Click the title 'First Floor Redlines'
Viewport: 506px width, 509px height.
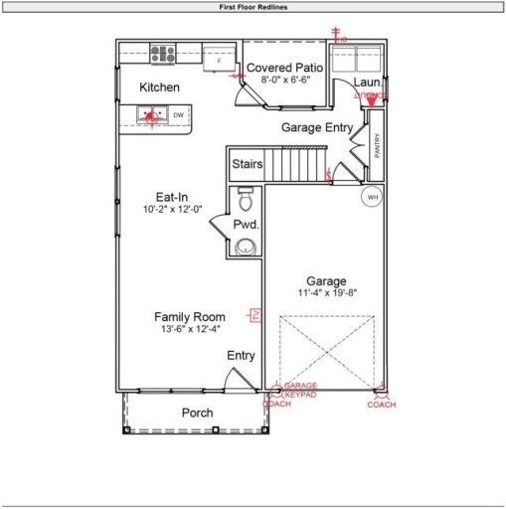(x=253, y=6)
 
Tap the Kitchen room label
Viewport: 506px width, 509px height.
(x=159, y=87)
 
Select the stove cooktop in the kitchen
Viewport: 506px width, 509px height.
(x=163, y=54)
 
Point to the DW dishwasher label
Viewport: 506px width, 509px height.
(x=178, y=116)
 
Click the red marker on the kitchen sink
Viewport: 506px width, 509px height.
(x=151, y=115)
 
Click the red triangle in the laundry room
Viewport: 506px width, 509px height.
(x=371, y=98)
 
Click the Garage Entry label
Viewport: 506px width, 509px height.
(x=316, y=127)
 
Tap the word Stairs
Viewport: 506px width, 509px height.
(x=247, y=163)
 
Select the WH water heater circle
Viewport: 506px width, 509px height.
(x=373, y=196)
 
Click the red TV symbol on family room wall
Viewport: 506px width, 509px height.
(x=254, y=315)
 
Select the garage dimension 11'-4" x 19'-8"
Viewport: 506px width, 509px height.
(x=325, y=293)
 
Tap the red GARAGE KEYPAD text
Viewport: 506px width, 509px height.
(x=300, y=390)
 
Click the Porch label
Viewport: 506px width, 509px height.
(x=197, y=413)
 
